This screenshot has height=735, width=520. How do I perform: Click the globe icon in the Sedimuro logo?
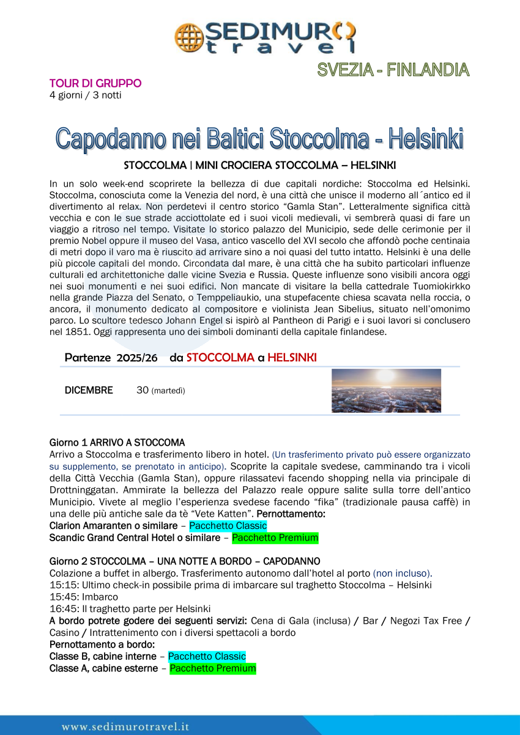click(x=187, y=37)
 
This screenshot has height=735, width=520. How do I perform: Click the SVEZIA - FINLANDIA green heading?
click(x=393, y=70)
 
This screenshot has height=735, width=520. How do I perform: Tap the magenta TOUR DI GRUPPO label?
click(x=95, y=83)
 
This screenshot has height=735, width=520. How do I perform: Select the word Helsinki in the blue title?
click(x=422, y=139)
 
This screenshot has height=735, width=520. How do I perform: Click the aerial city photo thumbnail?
click(x=386, y=391)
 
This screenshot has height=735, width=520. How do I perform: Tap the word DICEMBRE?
click(x=89, y=390)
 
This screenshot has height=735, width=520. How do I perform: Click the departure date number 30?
click(x=142, y=390)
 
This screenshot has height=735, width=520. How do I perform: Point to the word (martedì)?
click(x=168, y=391)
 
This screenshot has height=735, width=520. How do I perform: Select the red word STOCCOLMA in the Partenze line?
click(x=220, y=358)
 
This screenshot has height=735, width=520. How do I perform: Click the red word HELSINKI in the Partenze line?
click(x=292, y=358)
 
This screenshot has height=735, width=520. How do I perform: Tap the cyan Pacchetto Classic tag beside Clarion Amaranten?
click(x=228, y=526)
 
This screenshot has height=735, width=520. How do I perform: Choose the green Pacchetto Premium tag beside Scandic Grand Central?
click(x=275, y=538)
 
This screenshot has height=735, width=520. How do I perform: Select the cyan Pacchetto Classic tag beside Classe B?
click(x=207, y=656)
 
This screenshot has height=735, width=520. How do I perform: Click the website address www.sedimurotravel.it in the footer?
click(x=125, y=726)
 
